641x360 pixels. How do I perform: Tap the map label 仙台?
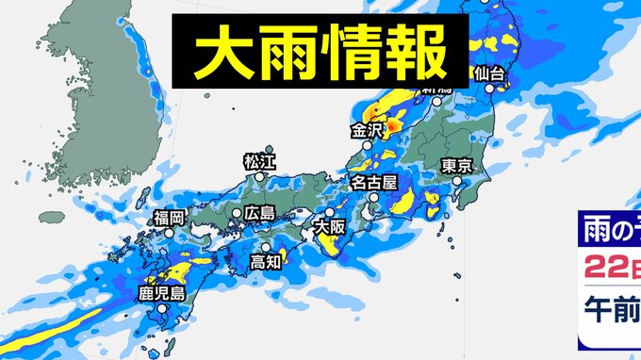(493, 74)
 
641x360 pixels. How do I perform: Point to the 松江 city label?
(256, 163)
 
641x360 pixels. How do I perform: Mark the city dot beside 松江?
(269, 149)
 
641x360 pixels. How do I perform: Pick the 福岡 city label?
(171, 219)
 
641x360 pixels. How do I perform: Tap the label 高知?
(267, 262)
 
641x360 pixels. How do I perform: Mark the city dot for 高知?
(268, 247)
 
